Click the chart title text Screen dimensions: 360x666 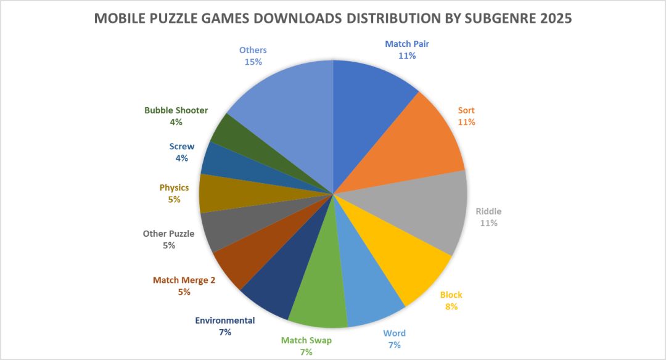(333, 18)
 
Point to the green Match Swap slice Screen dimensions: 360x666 (321, 296)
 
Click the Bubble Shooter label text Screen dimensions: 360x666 (176, 110)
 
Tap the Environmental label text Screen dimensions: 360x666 (224, 321)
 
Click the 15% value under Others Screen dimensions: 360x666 (253, 62)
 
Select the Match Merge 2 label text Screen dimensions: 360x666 (184, 280)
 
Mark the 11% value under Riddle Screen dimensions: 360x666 (489, 223)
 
